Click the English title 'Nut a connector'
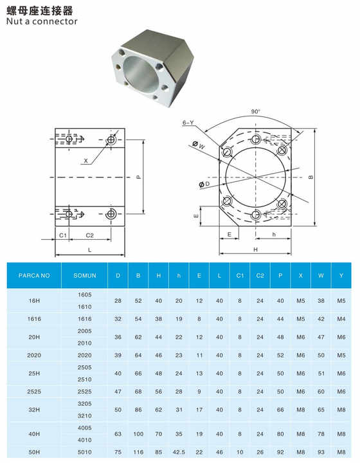point(41,21)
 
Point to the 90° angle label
point(256,111)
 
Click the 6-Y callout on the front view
point(188,122)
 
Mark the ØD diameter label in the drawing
point(204,185)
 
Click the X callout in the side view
point(85,161)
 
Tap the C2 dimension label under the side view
point(90,236)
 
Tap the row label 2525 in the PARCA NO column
point(34,390)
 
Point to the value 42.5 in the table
point(179,452)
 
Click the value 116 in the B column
point(138,452)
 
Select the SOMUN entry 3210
point(85,416)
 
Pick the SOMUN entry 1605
point(85,294)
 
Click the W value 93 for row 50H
point(321,452)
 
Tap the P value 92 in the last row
point(280,452)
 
